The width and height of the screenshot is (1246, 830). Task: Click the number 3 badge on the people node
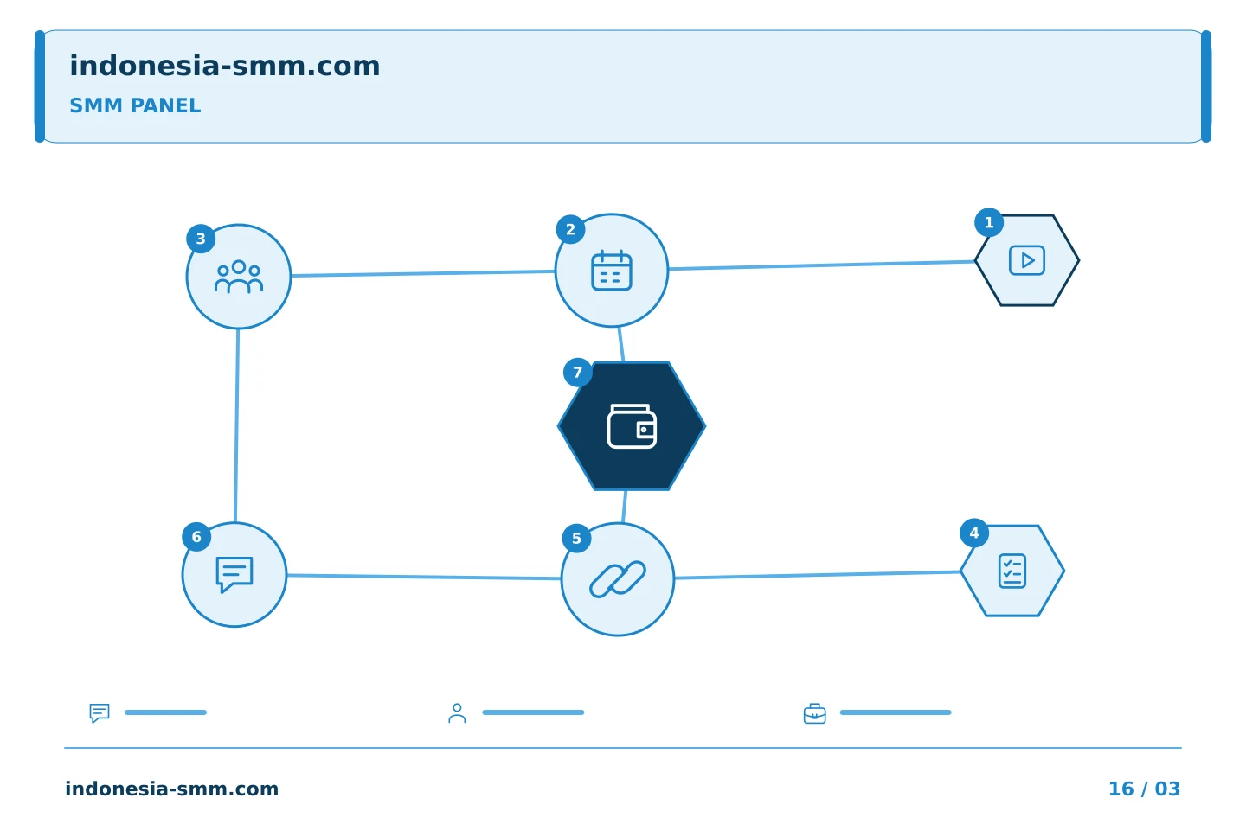(201, 239)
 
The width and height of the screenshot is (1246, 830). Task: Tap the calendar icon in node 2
(611, 271)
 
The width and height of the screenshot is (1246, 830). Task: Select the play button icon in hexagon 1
(1027, 260)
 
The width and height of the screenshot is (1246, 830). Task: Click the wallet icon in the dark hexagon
(632, 426)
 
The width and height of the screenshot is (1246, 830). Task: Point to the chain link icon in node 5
(618, 579)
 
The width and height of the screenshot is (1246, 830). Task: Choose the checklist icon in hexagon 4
(1012, 571)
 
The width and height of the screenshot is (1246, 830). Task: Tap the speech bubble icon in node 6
(234, 575)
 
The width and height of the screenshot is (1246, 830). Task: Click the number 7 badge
(578, 373)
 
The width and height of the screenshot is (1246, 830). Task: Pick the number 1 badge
(989, 222)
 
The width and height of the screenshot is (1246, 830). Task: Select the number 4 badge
(974, 533)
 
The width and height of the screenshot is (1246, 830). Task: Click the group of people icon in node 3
(239, 277)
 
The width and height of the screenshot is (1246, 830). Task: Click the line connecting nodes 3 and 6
(236, 426)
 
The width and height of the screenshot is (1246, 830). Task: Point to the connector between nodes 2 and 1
(822, 265)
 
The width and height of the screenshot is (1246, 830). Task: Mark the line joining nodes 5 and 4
(818, 575)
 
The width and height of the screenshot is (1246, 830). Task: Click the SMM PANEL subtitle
(135, 105)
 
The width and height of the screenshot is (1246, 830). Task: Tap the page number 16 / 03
(1144, 788)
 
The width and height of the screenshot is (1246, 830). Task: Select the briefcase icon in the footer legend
(815, 713)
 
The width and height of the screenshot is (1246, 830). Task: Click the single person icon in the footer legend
(457, 713)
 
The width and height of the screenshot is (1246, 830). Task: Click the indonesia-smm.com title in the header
(225, 66)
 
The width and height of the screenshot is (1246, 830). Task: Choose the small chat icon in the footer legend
(100, 712)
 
